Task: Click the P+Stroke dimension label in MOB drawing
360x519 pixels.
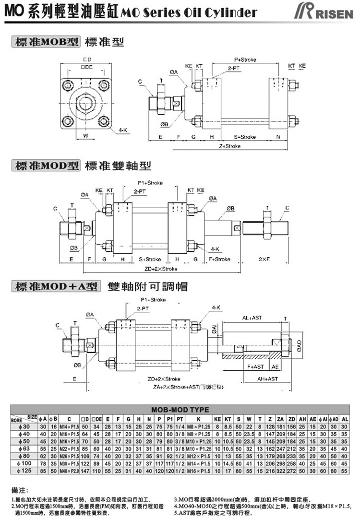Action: pyautogui.click(x=245, y=60)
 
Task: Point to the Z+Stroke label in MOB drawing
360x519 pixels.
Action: pyautogui.click(x=229, y=146)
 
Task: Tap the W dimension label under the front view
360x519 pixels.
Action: pyautogui.click(x=85, y=136)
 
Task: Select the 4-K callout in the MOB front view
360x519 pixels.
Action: pyautogui.click(x=123, y=130)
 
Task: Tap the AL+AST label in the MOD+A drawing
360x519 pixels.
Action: pyautogui.click(x=253, y=318)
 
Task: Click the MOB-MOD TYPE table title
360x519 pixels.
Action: pyautogui.click(x=180, y=410)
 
